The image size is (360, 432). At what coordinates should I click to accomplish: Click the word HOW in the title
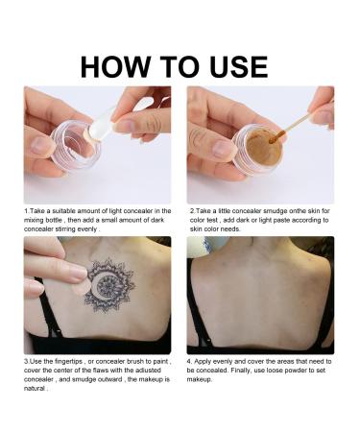tap(115, 67)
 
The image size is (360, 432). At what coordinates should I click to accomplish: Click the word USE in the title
tap(239, 67)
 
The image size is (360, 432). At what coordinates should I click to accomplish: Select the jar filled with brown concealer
tap(257, 150)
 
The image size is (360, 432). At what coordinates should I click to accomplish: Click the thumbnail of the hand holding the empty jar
tap(40, 146)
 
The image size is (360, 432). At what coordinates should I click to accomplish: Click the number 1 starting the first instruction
tap(26, 211)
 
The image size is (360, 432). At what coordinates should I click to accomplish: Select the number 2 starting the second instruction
tap(192, 211)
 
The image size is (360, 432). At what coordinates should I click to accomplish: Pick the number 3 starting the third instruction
tap(26, 362)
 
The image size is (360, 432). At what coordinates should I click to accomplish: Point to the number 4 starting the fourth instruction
tap(189, 362)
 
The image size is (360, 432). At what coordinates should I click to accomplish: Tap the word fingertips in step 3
tap(69, 362)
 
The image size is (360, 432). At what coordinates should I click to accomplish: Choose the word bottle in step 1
tap(53, 220)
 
